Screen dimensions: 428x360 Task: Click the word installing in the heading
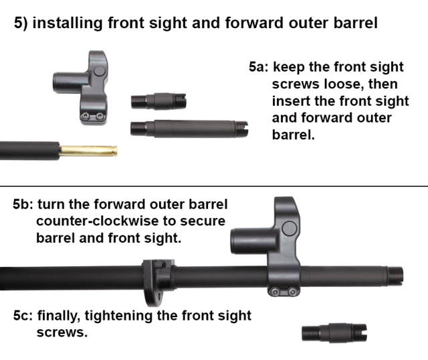point(67,23)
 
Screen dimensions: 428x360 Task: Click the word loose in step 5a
point(343,84)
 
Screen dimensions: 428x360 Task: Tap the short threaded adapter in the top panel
point(158,101)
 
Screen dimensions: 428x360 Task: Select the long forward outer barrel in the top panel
point(189,128)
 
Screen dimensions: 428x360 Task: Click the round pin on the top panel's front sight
point(99,71)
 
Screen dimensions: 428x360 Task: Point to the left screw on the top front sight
point(86,116)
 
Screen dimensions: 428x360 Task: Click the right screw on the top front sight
point(100,116)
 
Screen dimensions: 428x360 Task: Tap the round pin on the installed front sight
point(289,228)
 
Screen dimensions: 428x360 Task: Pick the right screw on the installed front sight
point(292,292)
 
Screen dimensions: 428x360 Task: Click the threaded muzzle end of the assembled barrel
point(395,276)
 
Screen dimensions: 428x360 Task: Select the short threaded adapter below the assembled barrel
point(334,333)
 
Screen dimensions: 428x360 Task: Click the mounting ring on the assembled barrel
point(158,281)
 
